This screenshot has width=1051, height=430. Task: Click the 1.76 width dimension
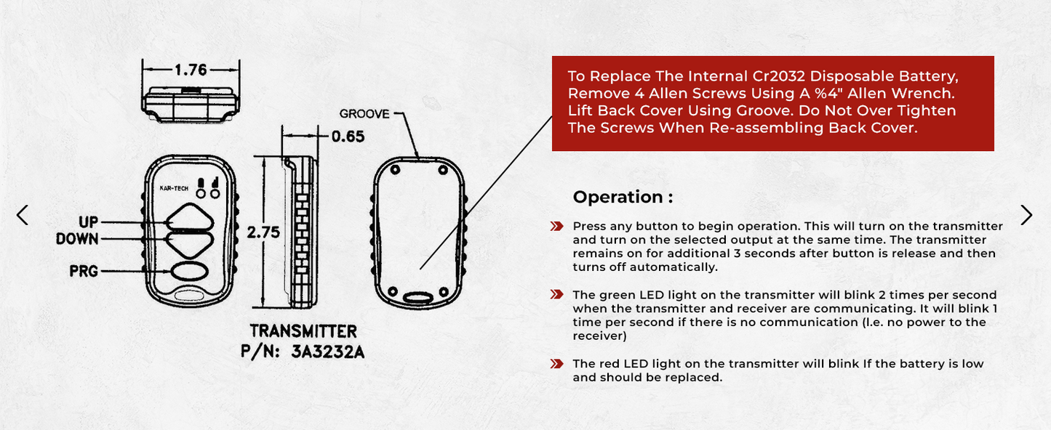pyautogui.click(x=190, y=70)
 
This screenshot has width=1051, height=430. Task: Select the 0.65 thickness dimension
pyautogui.click(x=348, y=136)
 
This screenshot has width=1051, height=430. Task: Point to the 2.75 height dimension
pyautogui.click(x=263, y=232)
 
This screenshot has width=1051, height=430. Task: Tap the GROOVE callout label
pyautogui.click(x=364, y=114)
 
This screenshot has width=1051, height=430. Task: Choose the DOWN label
pyautogui.click(x=78, y=239)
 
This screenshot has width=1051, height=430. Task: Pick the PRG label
pyautogui.click(x=84, y=272)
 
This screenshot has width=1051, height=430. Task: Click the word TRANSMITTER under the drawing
pyautogui.click(x=303, y=331)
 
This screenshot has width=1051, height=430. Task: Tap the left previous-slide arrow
pyautogui.click(x=23, y=215)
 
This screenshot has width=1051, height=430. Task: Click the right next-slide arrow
pyautogui.click(x=1026, y=215)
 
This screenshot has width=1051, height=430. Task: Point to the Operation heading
pyautogui.click(x=623, y=197)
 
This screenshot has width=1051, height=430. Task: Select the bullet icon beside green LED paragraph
pyautogui.click(x=557, y=294)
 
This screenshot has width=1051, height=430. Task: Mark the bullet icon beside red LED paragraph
pyautogui.click(x=557, y=363)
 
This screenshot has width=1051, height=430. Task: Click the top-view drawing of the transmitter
pyautogui.click(x=190, y=104)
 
